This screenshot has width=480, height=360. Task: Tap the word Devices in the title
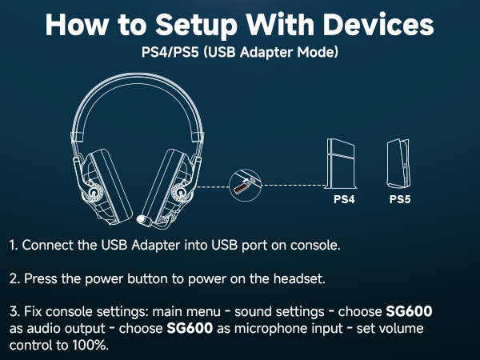pyautogui.click(x=373, y=24)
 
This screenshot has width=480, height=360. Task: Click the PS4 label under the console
pyautogui.click(x=344, y=199)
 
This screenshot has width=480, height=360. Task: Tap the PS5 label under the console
pyautogui.click(x=399, y=199)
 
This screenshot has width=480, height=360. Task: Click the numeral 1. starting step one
pyautogui.click(x=14, y=244)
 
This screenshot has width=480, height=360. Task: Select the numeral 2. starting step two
pyautogui.click(x=15, y=279)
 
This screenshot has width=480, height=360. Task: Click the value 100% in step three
pyautogui.click(x=89, y=346)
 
